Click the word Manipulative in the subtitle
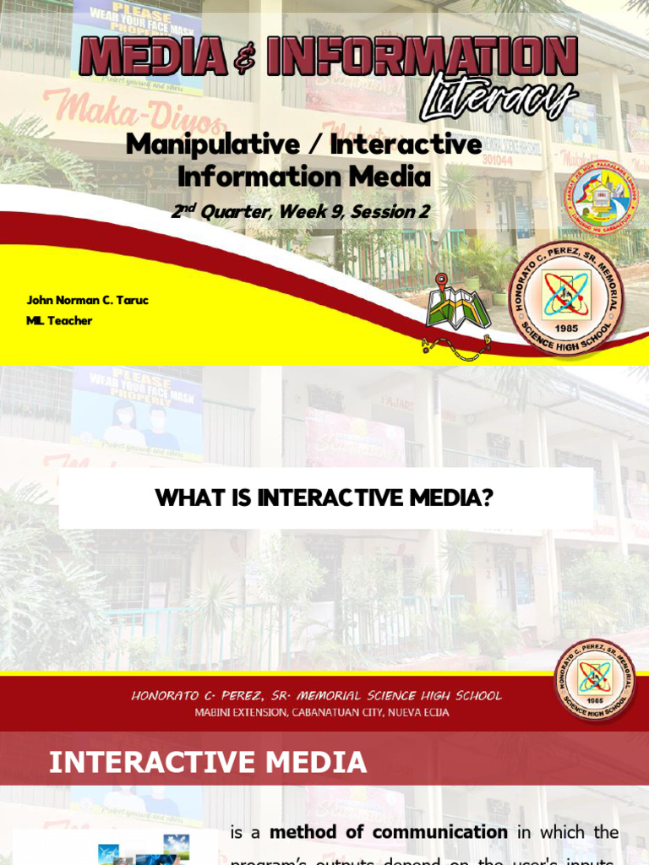pyautogui.click(x=212, y=144)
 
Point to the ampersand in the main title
pyautogui.click(x=245, y=59)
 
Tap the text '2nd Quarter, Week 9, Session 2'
pyautogui.click(x=300, y=212)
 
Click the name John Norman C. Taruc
pyautogui.click(x=87, y=300)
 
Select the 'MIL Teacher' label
pyautogui.click(x=59, y=320)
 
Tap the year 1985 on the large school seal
pyautogui.click(x=565, y=327)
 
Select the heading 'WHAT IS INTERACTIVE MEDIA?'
pyautogui.click(x=324, y=498)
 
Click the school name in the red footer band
pyautogui.click(x=316, y=696)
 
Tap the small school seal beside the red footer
pyautogui.click(x=594, y=680)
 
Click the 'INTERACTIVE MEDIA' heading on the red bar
pyautogui.click(x=208, y=763)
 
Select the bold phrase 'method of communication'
pyautogui.click(x=388, y=832)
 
